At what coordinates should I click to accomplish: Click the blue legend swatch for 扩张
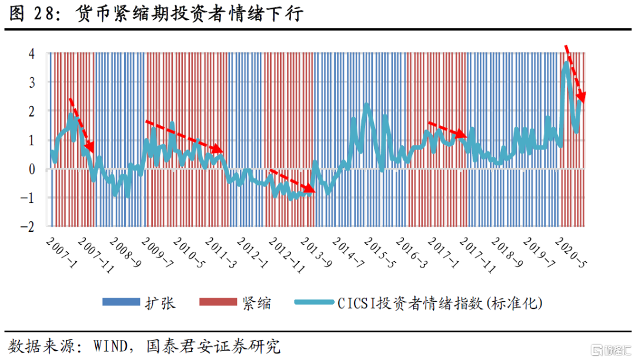point(121,302)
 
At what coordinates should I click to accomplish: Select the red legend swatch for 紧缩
point(217,302)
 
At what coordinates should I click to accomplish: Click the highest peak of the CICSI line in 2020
point(566,63)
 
